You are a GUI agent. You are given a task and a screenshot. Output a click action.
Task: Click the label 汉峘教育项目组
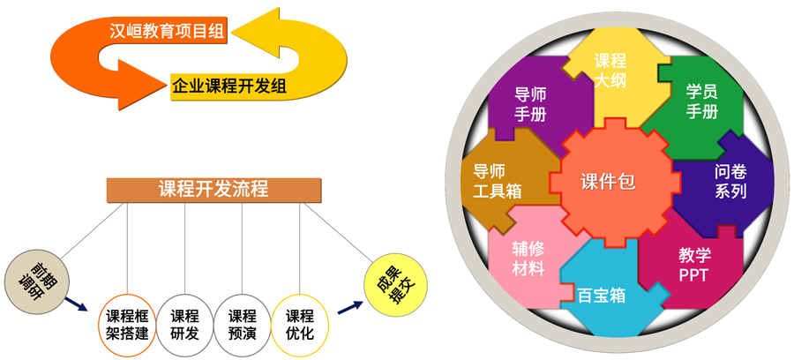[x=167, y=32]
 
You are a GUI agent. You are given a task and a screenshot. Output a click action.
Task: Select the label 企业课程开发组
[x=228, y=86]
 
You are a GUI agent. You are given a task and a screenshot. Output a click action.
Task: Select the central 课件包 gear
[x=608, y=183]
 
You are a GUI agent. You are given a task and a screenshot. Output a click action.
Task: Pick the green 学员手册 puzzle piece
[x=701, y=101]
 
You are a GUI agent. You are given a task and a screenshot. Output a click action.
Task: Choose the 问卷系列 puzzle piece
[x=730, y=181]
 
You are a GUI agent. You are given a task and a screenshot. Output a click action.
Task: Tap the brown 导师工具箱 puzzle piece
[x=498, y=181]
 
